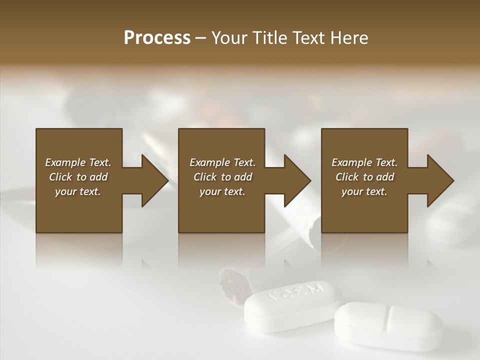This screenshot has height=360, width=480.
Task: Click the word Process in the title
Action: click(x=157, y=38)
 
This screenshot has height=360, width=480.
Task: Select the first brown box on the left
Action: click(x=79, y=210)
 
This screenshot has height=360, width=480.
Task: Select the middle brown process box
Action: click(x=221, y=210)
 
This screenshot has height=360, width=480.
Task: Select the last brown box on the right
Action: click(x=364, y=210)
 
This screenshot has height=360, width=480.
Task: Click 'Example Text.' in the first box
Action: click(x=78, y=162)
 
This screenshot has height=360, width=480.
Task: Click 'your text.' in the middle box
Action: click(x=222, y=191)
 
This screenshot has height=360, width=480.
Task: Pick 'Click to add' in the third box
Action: click(x=364, y=177)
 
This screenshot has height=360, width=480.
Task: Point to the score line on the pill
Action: click(x=389, y=318)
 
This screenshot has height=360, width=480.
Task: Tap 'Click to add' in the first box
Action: click(x=78, y=177)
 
